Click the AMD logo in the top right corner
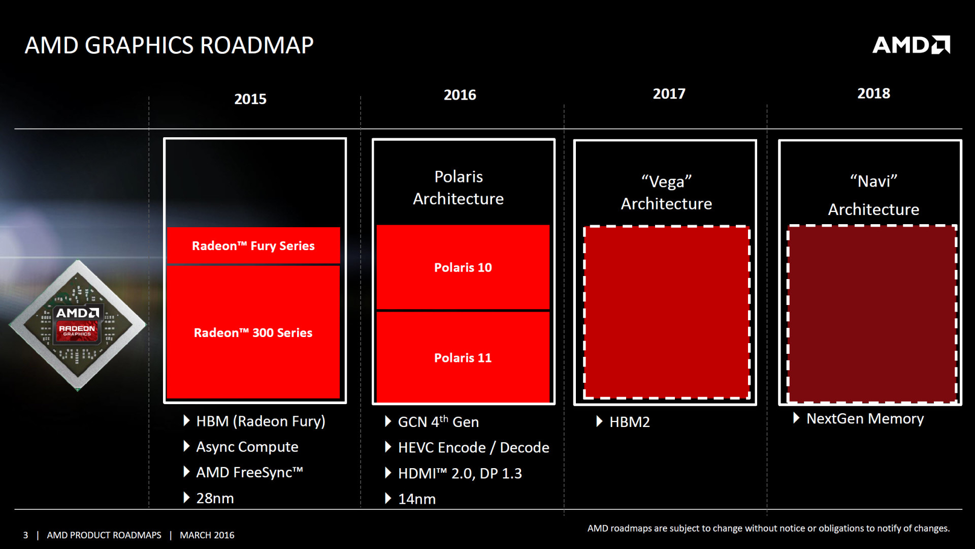911,45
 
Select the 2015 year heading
250,99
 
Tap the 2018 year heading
873,94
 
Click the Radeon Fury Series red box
253,246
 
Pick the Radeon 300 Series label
253,333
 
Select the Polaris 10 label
463,267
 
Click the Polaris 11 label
463,358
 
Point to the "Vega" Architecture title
666,193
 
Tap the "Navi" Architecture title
873,195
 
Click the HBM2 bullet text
629,422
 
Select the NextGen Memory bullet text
865,419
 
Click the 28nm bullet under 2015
215,498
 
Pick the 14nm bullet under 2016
416,499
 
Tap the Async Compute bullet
247,447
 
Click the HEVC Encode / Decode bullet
473,448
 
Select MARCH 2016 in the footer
207,535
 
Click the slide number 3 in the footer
25,535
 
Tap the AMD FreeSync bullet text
249,473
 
